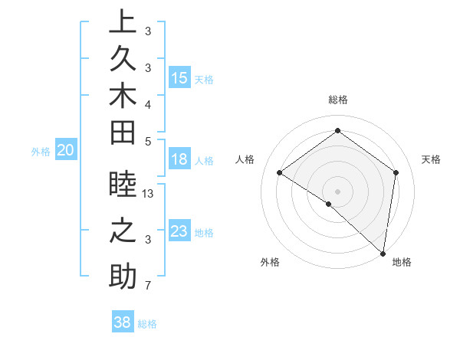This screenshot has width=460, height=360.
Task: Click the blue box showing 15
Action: (179, 78)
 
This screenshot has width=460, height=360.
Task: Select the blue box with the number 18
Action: (179, 160)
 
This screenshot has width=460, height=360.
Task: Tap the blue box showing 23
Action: (179, 231)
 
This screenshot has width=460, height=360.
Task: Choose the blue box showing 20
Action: (66, 151)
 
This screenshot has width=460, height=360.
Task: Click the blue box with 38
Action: (123, 322)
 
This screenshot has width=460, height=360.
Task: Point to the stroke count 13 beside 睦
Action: (149, 194)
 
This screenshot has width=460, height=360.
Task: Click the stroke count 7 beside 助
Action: (147, 286)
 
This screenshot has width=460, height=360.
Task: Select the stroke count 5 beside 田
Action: (147, 141)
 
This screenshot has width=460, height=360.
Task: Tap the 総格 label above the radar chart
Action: (337, 100)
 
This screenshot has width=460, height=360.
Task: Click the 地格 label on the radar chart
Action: (402, 262)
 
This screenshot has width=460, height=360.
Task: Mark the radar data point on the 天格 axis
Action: (396, 172)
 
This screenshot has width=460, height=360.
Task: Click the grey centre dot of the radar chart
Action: (337, 191)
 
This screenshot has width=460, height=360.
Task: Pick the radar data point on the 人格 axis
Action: (280, 172)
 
